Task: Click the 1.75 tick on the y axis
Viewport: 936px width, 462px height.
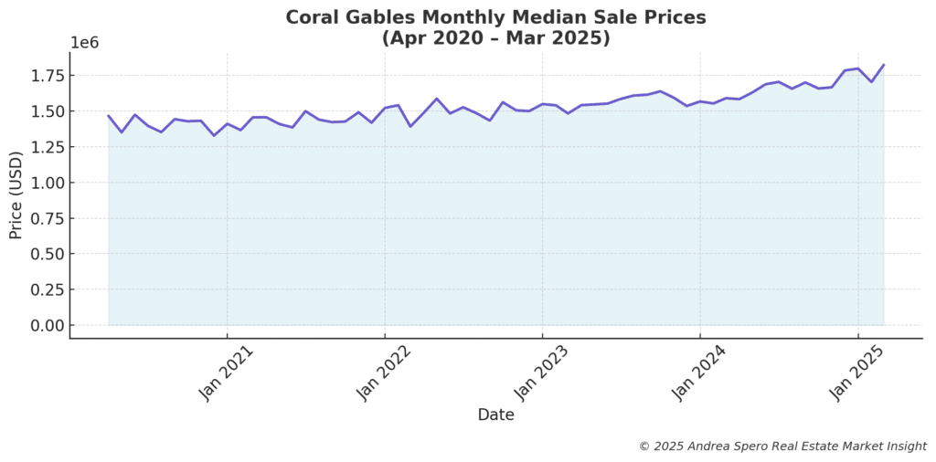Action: pos(45,76)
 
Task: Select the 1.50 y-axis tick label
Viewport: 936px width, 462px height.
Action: pos(45,111)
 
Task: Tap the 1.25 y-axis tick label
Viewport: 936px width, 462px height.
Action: pos(45,147)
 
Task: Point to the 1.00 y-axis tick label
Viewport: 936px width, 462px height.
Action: pos(45,183)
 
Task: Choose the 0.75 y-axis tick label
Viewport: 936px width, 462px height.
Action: pos(45,218)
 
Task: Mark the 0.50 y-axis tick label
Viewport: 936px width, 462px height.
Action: pos(45,254)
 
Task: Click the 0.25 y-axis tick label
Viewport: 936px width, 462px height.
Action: pos(45,289)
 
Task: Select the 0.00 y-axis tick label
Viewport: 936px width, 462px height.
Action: pos(45,325)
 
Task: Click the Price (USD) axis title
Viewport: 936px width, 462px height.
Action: pos(16,195)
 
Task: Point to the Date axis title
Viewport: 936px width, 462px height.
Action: pos(495,415)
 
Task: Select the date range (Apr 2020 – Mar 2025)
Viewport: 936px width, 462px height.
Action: pos(495,38)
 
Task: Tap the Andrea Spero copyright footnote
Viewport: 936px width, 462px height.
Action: pos(782,446)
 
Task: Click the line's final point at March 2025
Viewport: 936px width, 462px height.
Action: pos(884,65)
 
